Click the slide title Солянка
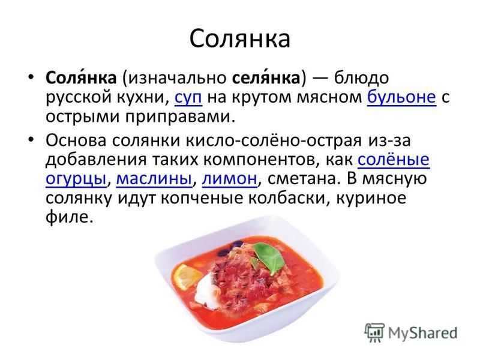[x=239, y=39]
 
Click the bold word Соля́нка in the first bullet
[x=81, y=77]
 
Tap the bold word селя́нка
[x=266, y=77]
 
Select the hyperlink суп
[x=188, y=98]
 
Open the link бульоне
[x=401, y=97]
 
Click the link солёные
[x=394, y=160]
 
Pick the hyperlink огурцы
[x=76, y=179]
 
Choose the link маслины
[x=154, y=178]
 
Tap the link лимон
[x=230, y=179]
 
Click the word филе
[x=69, y=217]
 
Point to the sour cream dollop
[x=206, y=289]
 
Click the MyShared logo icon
[x=375, y=332]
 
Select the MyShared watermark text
[x=423, y=333]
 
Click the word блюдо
[x=362, y=78]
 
